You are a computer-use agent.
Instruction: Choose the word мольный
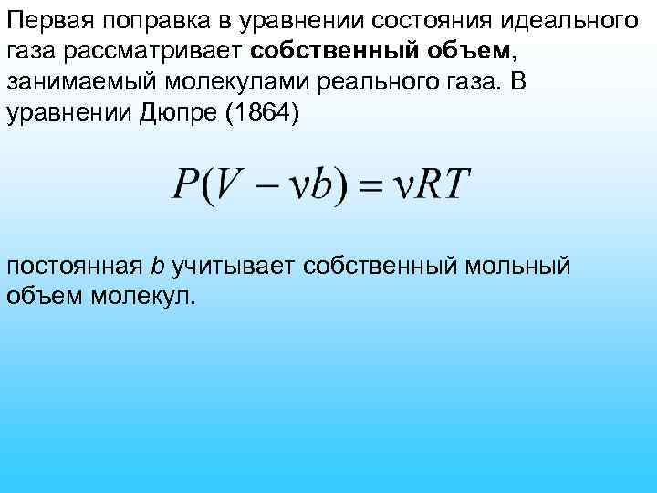[x=518, y=266]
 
